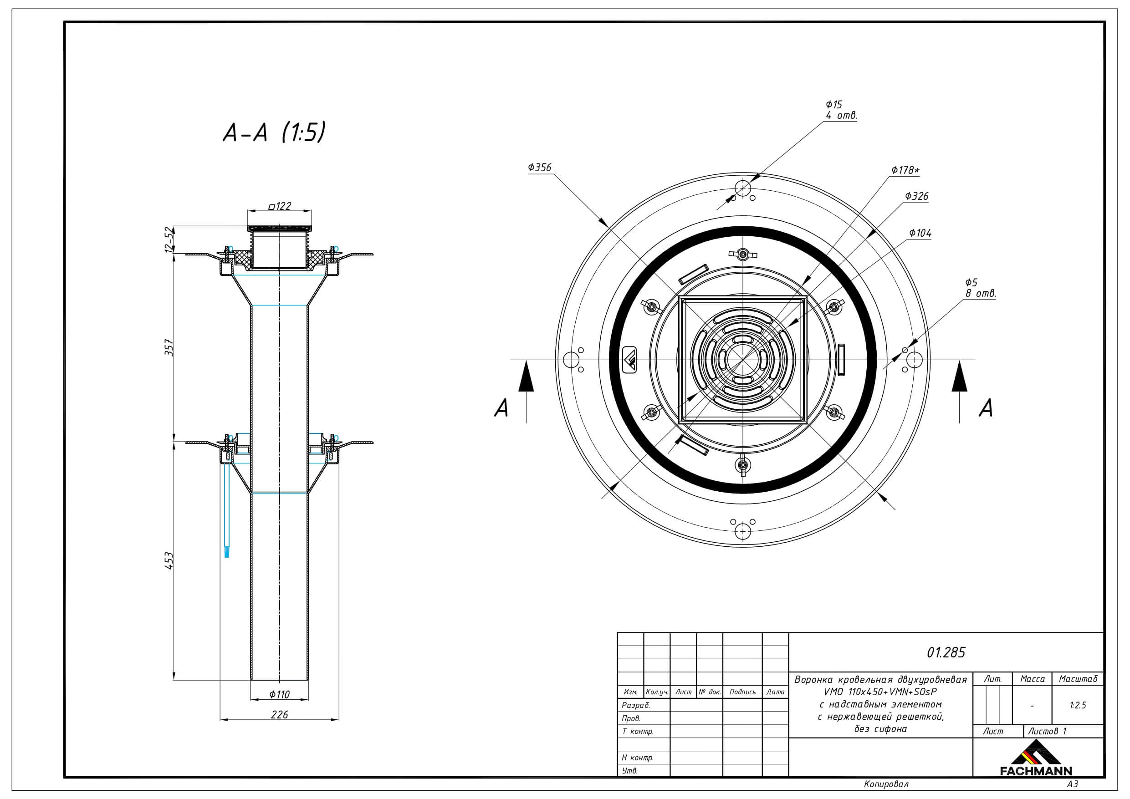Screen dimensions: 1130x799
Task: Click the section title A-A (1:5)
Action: pyautogui.click(x=274, y=132)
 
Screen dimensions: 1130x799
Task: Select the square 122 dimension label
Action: pyautogui.click(x=280, y=206)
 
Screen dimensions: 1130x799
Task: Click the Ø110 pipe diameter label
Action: pyautogui.click(x=280, y=694)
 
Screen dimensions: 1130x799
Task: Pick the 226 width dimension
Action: pyautogui.click(x=280, y=714)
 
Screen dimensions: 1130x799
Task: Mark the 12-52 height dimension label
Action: pyautogui.click(x=169, y=239)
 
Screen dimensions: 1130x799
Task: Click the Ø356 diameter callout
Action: pyautogui.click(x=539, y=167)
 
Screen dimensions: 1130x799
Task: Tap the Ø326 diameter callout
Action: pyautogui.click(x=916, y=196)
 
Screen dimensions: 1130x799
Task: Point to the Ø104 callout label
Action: pyautogui.click(x=920, y=233)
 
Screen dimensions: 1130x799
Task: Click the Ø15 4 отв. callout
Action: pyautogui.click(x=841, y=110)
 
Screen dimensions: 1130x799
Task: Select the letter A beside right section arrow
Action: pyautogui.click(x=986, y=408)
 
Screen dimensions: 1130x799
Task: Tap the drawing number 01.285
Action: pyautogui.click(x=946, y=652)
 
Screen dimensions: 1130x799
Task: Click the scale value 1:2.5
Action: pyautogui.click(x=1078, y=705)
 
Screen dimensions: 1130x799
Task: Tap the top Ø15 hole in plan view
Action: pyautogui.click(x=743, y=188)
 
